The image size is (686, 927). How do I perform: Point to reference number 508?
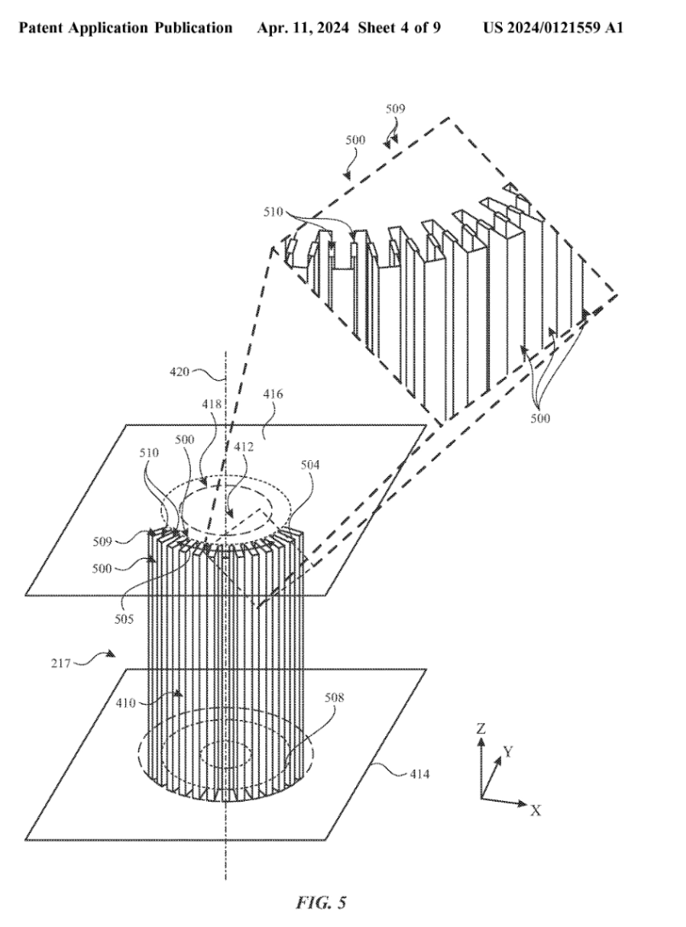(335, 697)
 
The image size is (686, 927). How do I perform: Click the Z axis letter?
(481, 730)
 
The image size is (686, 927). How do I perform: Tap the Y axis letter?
(508, 751)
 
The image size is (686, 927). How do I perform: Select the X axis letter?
(535, 810)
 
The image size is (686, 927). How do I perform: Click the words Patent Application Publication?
(125, 28)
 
